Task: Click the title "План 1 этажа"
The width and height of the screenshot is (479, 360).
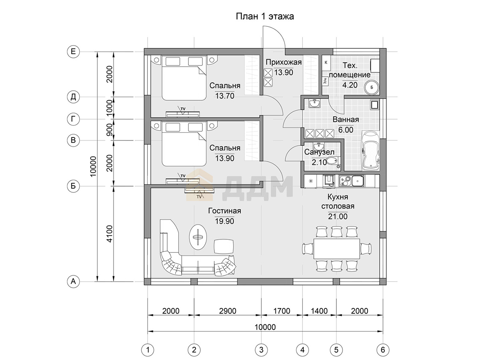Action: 265,16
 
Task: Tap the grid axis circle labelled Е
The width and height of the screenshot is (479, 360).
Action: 73,52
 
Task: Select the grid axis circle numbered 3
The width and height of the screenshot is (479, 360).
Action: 261,350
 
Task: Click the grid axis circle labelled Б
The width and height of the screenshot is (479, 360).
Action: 73,186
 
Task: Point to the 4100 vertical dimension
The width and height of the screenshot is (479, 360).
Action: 110,234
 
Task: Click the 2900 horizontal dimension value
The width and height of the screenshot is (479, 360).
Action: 228,311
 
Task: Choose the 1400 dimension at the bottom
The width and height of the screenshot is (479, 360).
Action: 319,311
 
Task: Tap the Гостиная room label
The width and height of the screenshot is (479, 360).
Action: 225,211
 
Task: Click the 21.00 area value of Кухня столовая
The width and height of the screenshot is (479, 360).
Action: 338,216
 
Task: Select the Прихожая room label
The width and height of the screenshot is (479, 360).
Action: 283,62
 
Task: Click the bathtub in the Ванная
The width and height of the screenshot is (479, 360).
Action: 371,151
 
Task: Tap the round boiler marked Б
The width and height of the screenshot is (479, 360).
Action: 372,88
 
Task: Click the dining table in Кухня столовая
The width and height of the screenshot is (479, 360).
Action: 336,249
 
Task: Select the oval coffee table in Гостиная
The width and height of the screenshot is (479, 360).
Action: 198,237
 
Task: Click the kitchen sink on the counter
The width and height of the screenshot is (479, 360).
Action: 358,181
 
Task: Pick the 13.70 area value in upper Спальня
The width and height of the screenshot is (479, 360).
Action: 225,95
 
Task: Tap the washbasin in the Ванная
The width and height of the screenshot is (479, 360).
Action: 315,103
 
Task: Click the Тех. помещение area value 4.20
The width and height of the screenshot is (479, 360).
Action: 350,85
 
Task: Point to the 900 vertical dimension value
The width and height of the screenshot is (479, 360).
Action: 110,130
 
